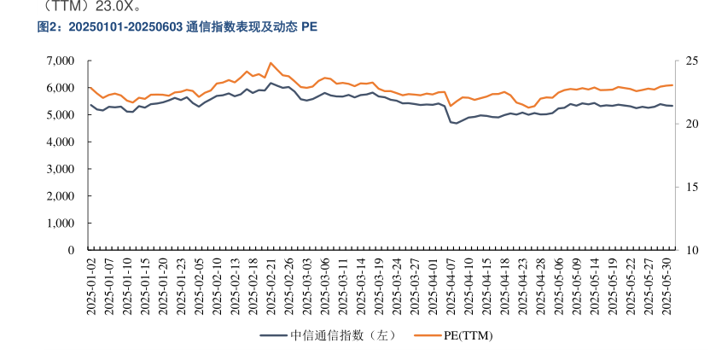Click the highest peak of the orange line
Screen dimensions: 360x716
point(271,62)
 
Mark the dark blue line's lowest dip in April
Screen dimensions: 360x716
point(457,124)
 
